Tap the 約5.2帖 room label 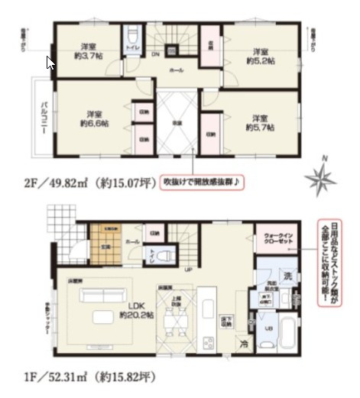coord(254,56)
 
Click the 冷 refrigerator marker coord(243,342)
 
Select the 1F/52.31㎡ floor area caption coord(79,377)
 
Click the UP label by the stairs coord(186,270)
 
